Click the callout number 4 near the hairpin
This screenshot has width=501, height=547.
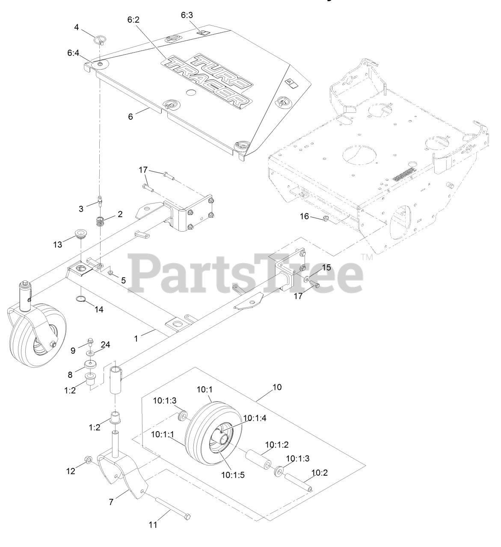coord(77,27)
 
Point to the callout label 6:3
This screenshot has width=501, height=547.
coord(187,15)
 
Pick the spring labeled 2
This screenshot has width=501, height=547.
coord(100,222)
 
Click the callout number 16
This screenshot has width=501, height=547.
coord(304,216)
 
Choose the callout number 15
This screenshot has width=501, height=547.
coord(326,268)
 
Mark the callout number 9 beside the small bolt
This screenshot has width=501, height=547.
coord(73,350)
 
